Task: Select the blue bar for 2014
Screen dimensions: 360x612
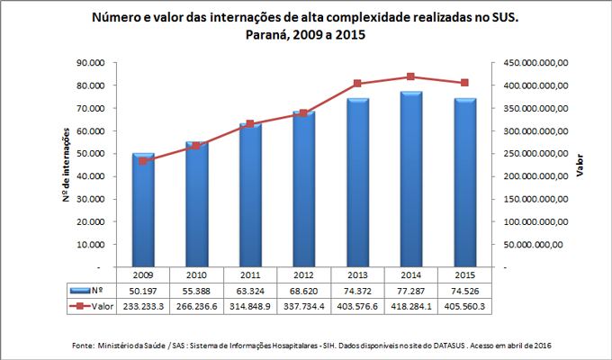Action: tap(411, 179)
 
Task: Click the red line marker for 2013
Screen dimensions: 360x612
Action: tap(357, 84)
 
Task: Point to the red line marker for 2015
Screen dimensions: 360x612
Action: tap(464, 83)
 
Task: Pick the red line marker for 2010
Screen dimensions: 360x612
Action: tap(196, 146)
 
